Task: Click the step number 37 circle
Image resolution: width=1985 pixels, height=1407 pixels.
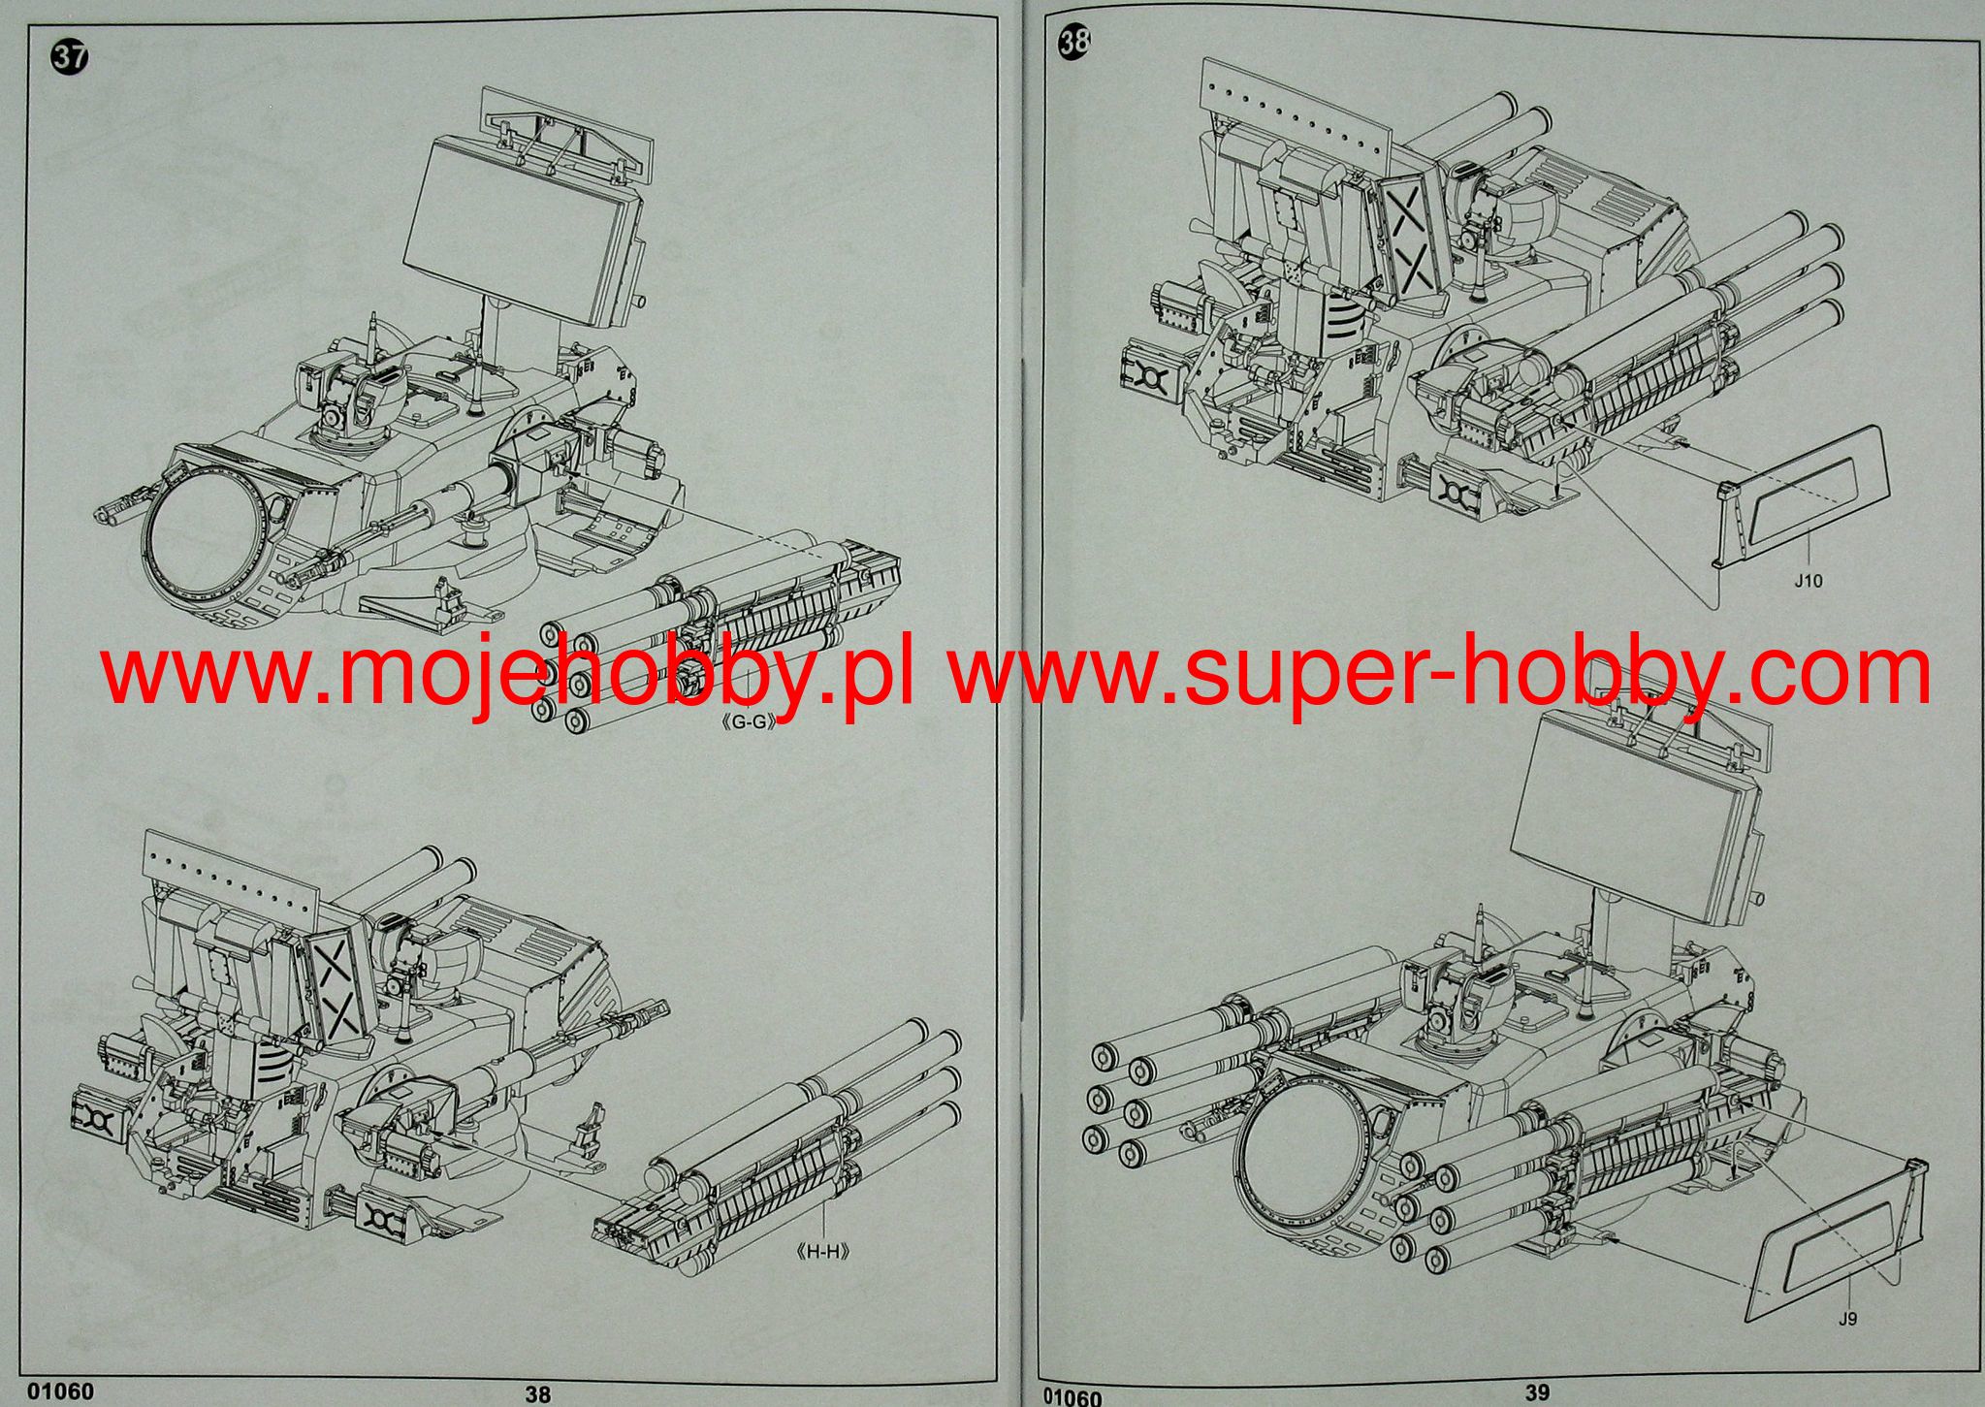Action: [69, 57]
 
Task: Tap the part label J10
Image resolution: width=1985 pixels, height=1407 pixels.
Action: [1808, 581]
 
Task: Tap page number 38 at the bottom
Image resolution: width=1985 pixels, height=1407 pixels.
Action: [538, 1394]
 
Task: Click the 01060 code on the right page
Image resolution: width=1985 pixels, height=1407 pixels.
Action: [1073, 1397]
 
